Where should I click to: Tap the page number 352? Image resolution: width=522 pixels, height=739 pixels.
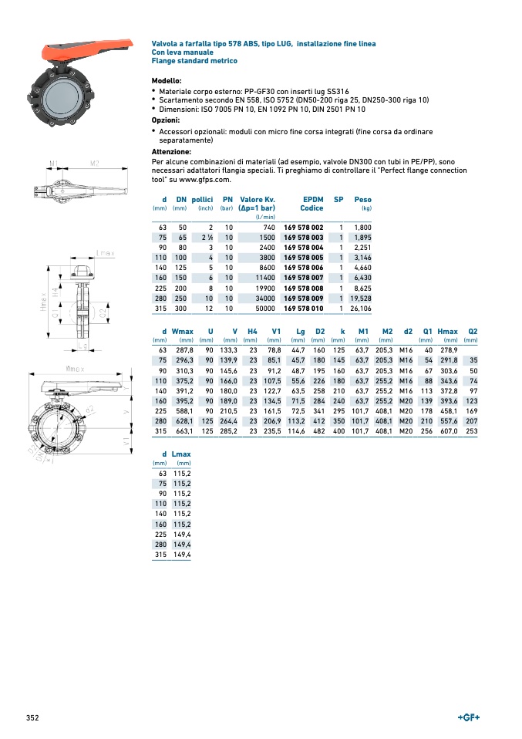pos(32,718)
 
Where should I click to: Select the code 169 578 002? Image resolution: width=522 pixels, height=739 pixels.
pos(304,228)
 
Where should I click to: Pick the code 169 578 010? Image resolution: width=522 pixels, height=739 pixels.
pos(304,308)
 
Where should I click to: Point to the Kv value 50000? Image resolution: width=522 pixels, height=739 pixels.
pos(264,308)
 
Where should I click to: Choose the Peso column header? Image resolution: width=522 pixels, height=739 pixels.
pos(362,200)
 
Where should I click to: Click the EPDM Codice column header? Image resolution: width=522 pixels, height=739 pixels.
pos(312,204)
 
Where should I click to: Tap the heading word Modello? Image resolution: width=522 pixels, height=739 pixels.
pos(167,81)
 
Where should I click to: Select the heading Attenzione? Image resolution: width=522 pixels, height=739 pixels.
pos(170,152)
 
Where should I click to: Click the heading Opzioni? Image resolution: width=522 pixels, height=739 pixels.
pos(166,120)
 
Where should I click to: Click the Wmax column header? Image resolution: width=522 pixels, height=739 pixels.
pos(183,331)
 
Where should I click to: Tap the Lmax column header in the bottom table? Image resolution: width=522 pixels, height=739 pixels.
pos(181,454)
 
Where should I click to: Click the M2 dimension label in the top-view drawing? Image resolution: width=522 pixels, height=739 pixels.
pos(94,163)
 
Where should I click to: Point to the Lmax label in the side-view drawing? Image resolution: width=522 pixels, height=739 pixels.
pos(106,253)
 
